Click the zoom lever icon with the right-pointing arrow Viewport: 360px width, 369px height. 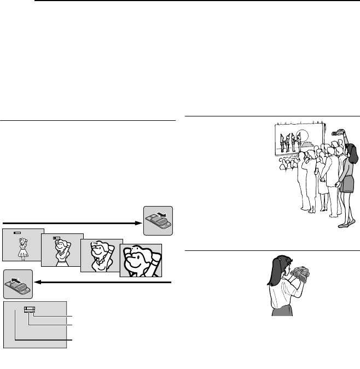tap(158, 221)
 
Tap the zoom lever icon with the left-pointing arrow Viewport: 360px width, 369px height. tap(18, 283)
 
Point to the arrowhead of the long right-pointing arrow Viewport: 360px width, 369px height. tap(138, 223)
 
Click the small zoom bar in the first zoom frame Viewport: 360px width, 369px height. tap(18, 233)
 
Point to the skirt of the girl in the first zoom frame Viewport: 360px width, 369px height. tap(22, 253)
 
